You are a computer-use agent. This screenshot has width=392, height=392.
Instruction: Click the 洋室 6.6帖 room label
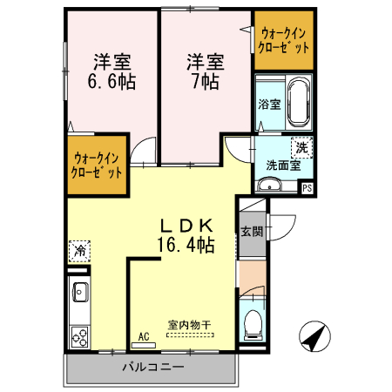(x=112, y=72)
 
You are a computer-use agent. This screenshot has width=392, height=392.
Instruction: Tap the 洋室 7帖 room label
(x=205, y=72)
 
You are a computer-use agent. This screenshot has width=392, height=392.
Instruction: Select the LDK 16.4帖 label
(x=185, y=233)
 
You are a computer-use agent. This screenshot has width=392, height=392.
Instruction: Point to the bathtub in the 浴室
(x=297, y=102)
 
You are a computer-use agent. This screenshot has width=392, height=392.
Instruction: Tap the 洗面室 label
(x=282, y=164)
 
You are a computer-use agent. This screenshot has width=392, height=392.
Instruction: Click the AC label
(x=143, y=335)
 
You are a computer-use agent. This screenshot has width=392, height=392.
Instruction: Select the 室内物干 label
(x=190, y=325)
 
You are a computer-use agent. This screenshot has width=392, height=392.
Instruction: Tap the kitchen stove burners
(x=79, y=335)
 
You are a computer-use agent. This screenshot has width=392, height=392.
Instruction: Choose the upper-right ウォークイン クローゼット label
(x=282, y=40)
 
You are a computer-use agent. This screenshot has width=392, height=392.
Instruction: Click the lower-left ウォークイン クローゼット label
(x=98, y=164)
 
